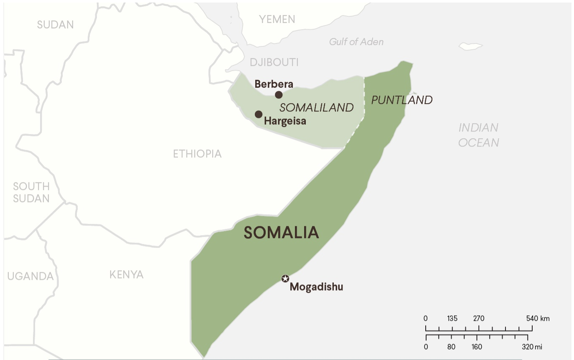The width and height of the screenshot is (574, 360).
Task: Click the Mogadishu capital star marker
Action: coord(285,279)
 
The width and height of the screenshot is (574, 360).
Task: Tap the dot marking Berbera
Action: coord(279,95)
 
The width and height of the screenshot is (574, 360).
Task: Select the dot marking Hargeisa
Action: coord(259,114)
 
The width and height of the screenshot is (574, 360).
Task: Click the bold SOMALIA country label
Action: coord(281,233)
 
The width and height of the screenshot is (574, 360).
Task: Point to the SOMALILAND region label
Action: coord(317,108)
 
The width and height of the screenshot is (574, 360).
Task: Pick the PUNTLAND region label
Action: coord(402,100)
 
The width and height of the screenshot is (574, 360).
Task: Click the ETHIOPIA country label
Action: coord(197,154)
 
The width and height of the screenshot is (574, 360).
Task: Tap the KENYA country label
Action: coord(126,274)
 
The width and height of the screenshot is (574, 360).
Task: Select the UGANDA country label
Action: coord(30,276)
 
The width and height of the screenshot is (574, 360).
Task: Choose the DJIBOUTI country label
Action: coord(274,63)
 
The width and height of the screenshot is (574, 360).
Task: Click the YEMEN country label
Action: coord(277,19)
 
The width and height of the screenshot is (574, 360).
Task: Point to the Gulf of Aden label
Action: coord(356,42)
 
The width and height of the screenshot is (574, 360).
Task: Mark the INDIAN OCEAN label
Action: coord(479,135)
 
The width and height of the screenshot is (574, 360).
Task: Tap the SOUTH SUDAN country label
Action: coord(31,192)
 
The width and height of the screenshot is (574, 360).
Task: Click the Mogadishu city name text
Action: coord(316,287)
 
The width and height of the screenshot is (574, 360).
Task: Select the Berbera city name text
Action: coord(274,84)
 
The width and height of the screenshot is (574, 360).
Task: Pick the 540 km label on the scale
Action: coord(538,319)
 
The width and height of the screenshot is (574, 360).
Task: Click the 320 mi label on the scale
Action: coord(532,347)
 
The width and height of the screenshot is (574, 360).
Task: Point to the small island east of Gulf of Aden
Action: coord(471,46)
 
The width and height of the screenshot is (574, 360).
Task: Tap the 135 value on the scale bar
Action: coord(452,319)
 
